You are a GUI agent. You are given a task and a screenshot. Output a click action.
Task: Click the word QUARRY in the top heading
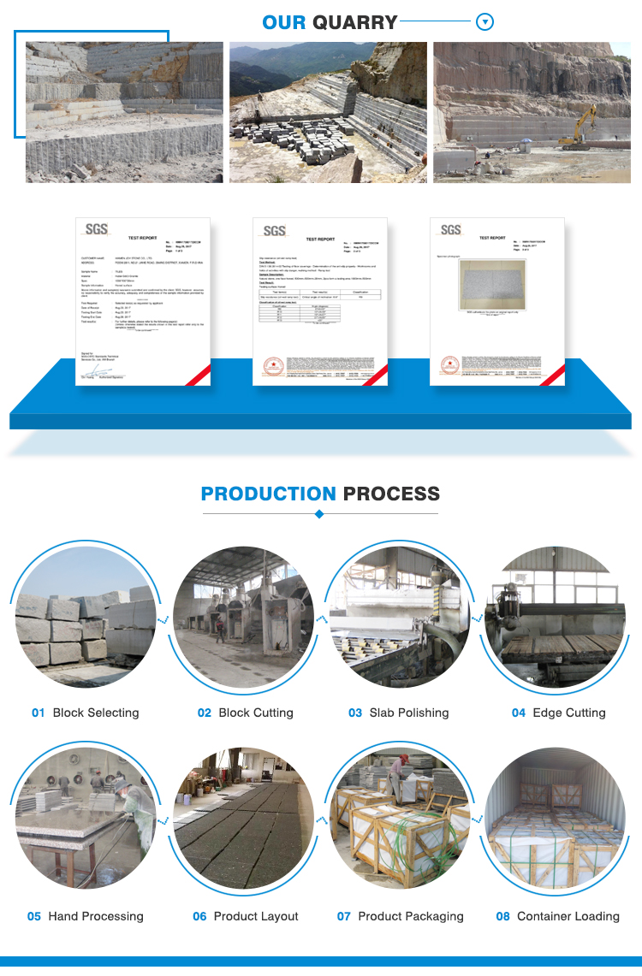point(354,22)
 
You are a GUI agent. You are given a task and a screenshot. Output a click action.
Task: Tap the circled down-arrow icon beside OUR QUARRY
point(484,22)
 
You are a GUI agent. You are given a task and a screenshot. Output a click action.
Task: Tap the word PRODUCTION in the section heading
point(268,494)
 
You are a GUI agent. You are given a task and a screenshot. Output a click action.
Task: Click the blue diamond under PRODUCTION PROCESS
point(319,514)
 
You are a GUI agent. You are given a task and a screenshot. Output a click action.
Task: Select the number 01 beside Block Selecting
point(38,713)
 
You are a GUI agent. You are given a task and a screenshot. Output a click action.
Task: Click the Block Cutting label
point(256,713)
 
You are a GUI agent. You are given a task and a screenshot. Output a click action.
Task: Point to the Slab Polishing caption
point(409,713)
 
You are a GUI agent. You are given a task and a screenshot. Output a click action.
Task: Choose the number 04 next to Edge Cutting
point(519,713)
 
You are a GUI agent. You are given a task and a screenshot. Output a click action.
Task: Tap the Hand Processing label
point(96,916)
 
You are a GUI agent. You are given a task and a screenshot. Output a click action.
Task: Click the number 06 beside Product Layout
point(199,916)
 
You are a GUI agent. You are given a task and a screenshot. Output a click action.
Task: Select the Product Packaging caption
point(411,916)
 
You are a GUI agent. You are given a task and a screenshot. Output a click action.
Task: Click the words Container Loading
point(568,916)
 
